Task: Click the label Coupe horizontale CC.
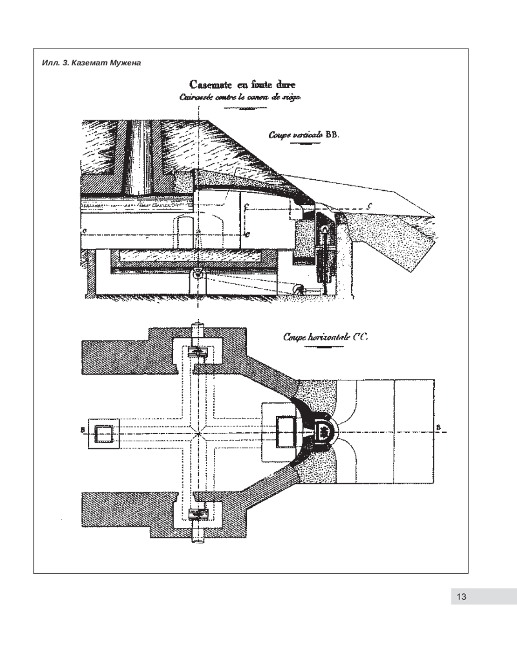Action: click(321, 337)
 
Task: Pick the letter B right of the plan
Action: click(439, 427)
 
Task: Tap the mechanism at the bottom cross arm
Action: click(196, 515)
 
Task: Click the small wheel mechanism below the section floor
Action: click(299, 291)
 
